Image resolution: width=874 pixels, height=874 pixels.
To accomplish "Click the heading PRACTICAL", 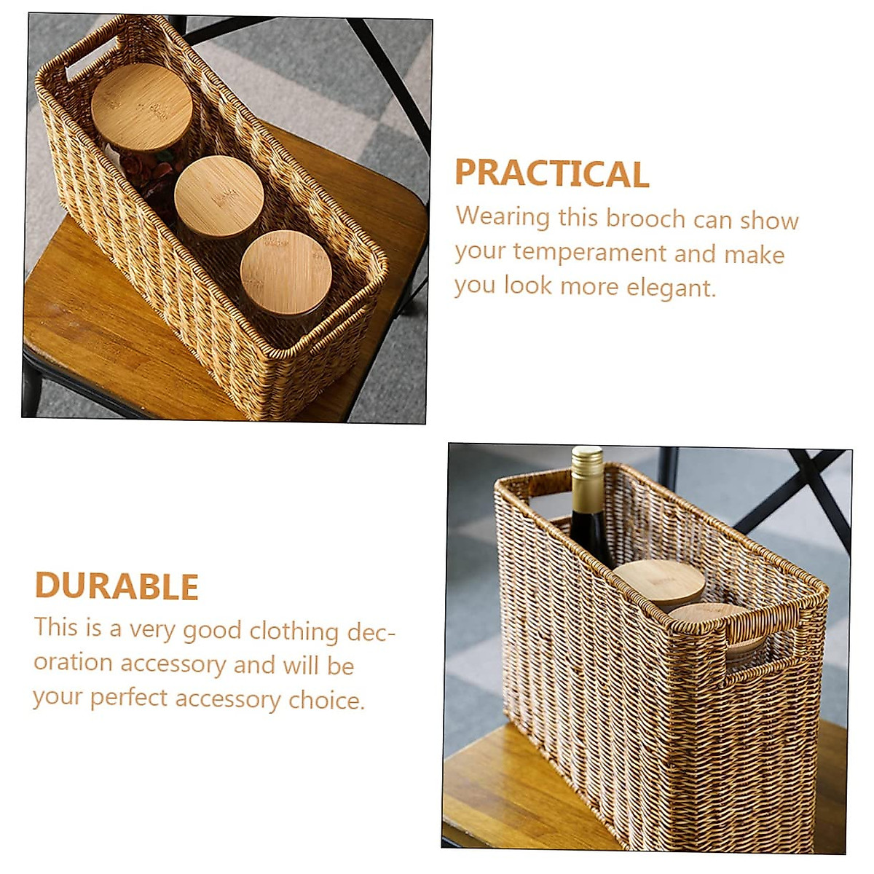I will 551,174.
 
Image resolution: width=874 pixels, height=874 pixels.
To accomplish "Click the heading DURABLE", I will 117,587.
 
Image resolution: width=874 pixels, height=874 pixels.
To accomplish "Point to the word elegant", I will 671,288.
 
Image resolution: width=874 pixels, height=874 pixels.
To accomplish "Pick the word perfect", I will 129,698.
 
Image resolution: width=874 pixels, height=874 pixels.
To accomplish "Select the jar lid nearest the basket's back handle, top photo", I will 142,107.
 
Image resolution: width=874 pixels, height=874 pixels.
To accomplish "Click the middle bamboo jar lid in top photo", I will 219,197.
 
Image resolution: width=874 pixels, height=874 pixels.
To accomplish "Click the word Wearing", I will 503,216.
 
